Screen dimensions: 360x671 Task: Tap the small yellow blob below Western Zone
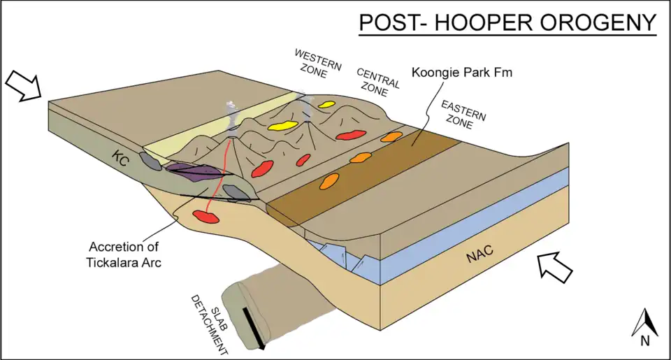click(326, 105)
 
